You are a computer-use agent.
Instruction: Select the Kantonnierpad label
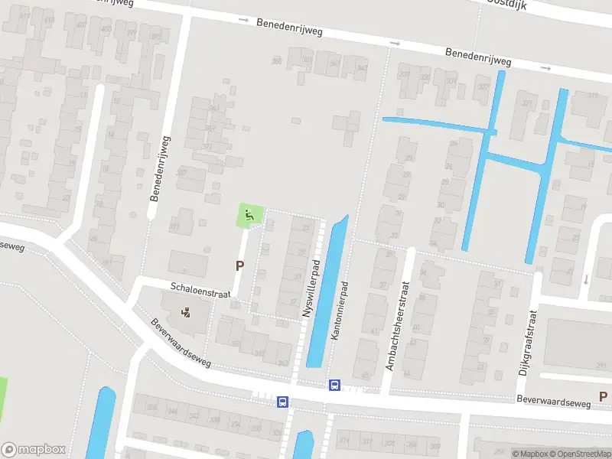339,310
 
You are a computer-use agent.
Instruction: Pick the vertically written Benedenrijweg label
161,169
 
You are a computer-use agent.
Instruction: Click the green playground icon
249,216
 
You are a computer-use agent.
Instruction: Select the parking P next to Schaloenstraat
240,266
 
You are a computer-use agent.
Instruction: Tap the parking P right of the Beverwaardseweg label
603,396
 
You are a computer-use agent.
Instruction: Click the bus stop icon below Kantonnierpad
334,385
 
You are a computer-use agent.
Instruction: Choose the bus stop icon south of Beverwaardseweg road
282,402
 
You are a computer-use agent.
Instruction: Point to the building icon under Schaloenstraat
186,312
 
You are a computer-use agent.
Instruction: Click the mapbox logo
34,450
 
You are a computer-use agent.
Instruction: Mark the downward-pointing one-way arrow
586,278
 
